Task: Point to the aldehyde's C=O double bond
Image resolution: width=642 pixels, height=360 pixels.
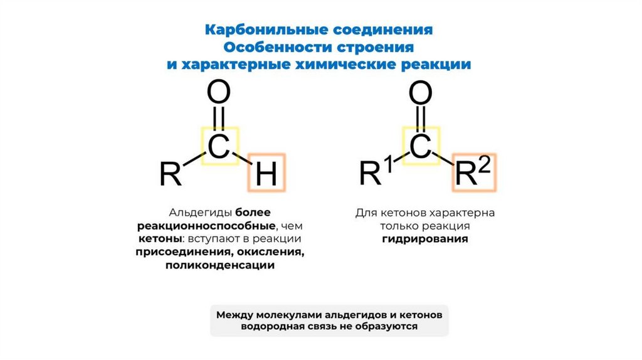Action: [x=219, y=120]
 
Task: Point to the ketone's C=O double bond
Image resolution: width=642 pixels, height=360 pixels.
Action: [x=421, y=120]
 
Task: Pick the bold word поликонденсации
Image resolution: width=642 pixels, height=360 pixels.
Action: [x=220, y=265]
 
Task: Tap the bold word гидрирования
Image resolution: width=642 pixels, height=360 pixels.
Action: [x=425, y=239]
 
